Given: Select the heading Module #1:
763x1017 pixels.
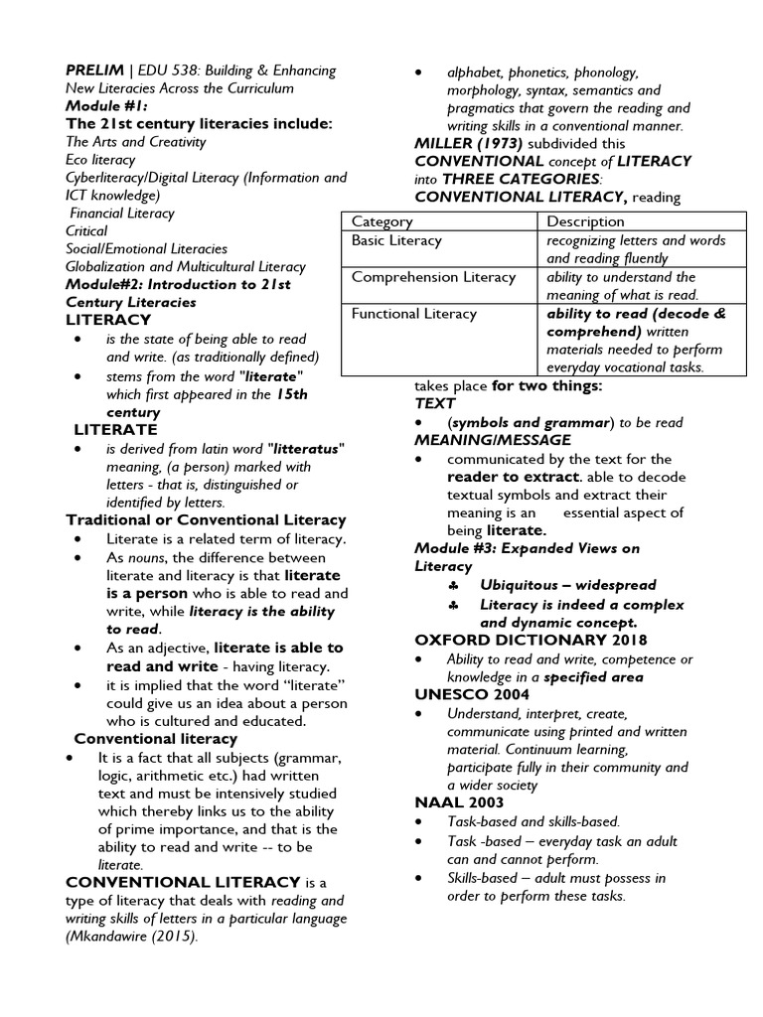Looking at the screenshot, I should click(x=106, y=106).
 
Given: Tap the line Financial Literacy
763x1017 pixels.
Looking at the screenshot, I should click(x=122, y=214).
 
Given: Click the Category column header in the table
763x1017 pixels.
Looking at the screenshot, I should click(x=381, y=221).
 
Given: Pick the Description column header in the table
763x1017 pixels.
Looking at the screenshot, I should click(x=585, y=221).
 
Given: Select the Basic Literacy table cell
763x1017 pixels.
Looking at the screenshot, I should click(x=396, y=241).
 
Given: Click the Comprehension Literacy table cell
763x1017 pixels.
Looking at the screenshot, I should click(x=433, y=278).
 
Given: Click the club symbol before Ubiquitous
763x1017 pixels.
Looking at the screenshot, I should click(x=452, y=586).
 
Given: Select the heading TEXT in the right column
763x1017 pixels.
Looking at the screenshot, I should click(x=435, y=404).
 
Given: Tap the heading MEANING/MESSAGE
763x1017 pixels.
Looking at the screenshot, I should click(x=493, y=440).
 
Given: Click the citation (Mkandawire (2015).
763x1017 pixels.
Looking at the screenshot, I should click(x=132, y=937).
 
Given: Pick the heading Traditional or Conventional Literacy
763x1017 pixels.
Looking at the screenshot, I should click(x=206, y=520).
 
